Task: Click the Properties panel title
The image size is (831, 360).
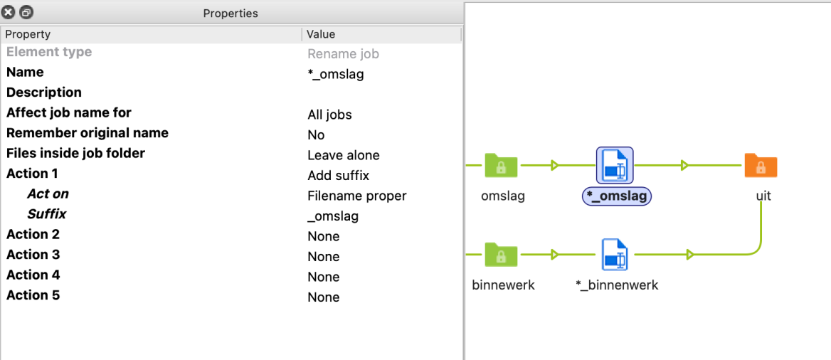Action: point(231,14)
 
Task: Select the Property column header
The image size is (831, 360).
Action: point(28,34)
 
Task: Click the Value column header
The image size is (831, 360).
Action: point(321,34)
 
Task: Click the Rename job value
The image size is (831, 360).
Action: point(343,54)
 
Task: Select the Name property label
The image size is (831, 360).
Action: point(25,72)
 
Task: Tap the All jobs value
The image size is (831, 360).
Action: point(329,115)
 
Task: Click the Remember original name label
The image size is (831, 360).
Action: point(88,133)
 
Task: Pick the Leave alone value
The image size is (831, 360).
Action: point(344,155)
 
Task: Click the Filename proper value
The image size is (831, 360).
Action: point(356,196)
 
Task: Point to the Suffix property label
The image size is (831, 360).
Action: point(47,214)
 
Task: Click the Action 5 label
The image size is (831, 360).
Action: point(33,295)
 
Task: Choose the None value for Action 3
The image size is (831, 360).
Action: point(323,257)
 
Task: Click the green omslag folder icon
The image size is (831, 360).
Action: point(502,165)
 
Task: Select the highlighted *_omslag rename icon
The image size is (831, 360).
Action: point(615,166)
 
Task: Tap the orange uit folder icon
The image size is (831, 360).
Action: point(761,165)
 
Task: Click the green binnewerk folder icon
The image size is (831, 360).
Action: point(502,254)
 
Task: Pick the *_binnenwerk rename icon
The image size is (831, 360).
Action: point(615,255)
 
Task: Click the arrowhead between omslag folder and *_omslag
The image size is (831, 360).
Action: point(555,166)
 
